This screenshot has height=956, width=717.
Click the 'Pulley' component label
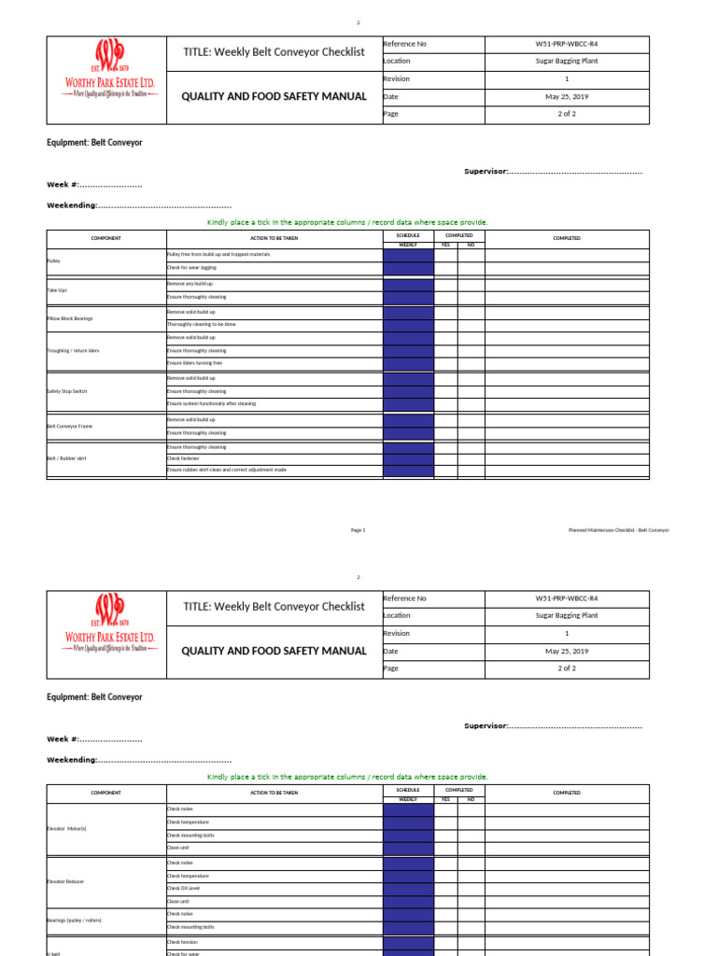(52, 261)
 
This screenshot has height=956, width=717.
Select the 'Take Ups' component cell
(57, 290)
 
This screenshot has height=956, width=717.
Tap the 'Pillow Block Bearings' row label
(69, 318)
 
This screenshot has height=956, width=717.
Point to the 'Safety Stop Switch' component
(66, 391)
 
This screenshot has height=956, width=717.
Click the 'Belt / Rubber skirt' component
(66, 458)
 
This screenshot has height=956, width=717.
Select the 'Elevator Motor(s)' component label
(66, 828)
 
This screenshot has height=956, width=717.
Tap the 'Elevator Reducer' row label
(64, 882)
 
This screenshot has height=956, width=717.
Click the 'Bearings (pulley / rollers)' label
(74, 921)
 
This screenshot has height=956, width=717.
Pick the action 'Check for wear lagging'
(191, 269)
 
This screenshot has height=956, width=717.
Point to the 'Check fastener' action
(185, 458)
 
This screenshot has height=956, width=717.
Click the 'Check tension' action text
(183, 942)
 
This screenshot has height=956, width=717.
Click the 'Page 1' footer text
(358, 530)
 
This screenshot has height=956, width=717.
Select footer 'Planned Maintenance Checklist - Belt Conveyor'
(618, 530)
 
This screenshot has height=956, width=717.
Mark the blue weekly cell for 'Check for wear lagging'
(408, 269)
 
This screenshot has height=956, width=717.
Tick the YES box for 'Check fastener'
(445, 458)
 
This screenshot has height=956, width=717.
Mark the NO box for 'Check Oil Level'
(471, 889)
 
